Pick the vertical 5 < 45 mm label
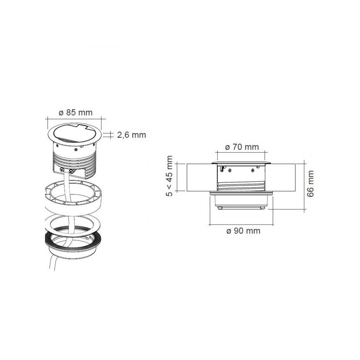pos(170,177)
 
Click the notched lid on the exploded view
pos(74,133)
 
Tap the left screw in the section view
pos(229,171)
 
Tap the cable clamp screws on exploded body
pos(67,170)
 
